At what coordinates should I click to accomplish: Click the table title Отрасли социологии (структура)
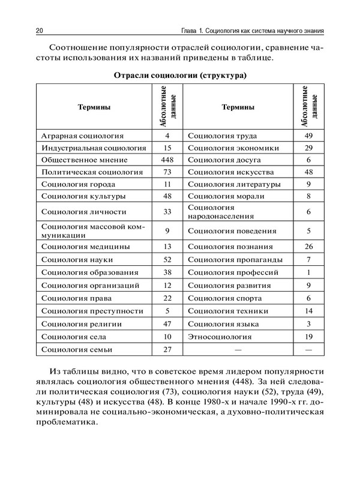[179, 76]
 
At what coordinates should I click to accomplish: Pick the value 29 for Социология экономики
[308, 148]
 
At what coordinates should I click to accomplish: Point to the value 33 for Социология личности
[167, 211]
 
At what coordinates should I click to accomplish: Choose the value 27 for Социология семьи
[167, 349]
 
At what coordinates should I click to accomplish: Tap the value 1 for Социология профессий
[308, 272]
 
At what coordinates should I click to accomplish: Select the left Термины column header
[94, 107]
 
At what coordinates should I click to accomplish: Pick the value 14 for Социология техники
[308, 311]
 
